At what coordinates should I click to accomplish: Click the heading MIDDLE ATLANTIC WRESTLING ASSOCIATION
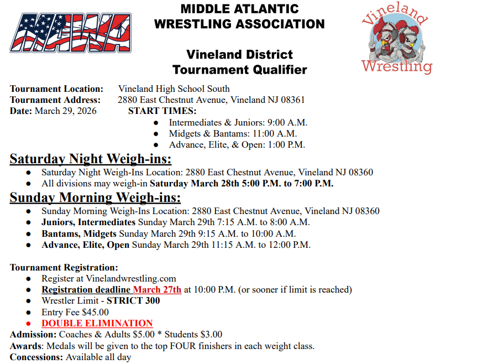coord(239,17)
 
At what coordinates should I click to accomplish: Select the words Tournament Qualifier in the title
coord(239,70)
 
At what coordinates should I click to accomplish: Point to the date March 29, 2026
coord(65,111)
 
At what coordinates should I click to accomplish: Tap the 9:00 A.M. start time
coord(287,123)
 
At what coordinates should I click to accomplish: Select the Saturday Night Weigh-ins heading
coord(91,159)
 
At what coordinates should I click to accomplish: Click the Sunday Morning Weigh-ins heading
coord(95,197)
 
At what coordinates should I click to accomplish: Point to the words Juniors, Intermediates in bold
coord(88,222)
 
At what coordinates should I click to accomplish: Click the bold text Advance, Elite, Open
coord(85,245)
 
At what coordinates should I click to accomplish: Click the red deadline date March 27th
coord(157,289)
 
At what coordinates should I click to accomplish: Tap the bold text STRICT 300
coord(133,301)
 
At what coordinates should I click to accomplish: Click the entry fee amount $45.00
coord(95,312)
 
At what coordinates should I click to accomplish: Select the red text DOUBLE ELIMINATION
coord(97,323)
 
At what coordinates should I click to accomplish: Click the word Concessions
coord(35,357)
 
